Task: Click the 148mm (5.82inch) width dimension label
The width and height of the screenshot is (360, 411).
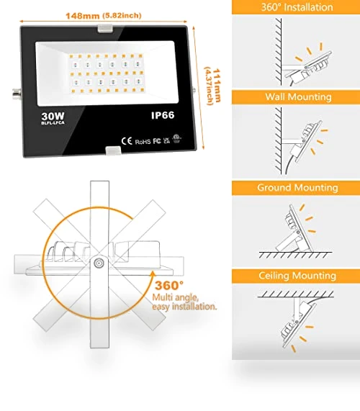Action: point(103,16)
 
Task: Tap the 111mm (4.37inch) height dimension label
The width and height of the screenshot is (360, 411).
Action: point(213,86)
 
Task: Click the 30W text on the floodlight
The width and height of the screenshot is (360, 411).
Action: point(53,116)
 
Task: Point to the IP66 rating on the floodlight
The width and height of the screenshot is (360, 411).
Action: point(163,115)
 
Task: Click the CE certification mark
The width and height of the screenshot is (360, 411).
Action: point(127,141)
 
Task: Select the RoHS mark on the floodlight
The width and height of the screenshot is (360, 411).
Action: point(143,142)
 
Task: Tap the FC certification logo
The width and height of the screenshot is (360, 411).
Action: point(157,141)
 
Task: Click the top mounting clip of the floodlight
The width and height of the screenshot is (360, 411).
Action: point(105,28)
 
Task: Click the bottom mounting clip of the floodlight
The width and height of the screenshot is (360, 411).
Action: point(113,150)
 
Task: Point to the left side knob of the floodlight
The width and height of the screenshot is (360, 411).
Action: point(17,94)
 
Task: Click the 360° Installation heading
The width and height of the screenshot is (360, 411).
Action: point(297,7)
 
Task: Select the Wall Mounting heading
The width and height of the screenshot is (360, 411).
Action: point(298,97)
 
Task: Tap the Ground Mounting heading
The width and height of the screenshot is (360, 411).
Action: point(297,188)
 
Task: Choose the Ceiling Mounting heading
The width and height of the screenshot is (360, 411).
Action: point(297,276)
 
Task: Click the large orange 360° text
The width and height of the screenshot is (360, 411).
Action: point(169,285)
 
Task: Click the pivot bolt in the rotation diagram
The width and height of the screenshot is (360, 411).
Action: point(99,263)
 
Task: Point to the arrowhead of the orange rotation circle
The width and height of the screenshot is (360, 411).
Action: point(153,274)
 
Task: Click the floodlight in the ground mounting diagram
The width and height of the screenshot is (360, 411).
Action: point(294,229)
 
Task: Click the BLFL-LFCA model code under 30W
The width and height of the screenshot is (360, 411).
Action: point(53,122)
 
